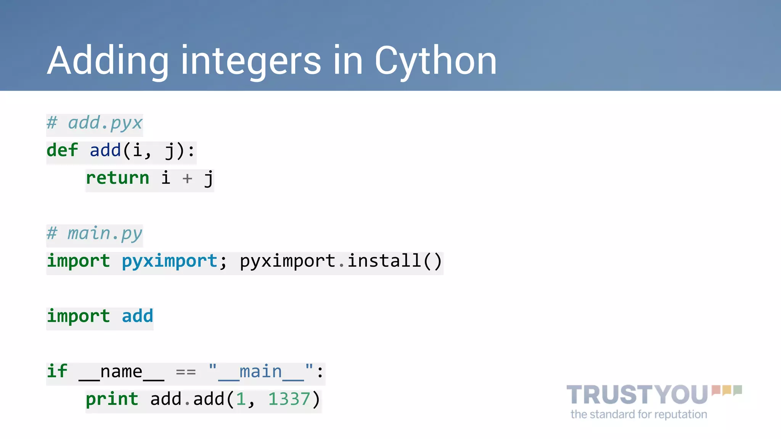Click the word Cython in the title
pos(435,61)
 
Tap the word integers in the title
pos(251,61)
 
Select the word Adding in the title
pos(108,61)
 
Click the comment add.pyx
pos(105,123)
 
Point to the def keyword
pos(62,150)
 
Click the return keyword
pos(117,178)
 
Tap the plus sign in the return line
pos(187,178)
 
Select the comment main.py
pos(104,234)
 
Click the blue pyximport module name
pos(169,261)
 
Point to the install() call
pos(394,261)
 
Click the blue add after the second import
pos(137,316)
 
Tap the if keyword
pos(57,371)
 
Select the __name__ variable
pos(121,372)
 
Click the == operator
pos(186,372)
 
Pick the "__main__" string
pos(261,372)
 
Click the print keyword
pos(112,399)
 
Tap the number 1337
pos(289,399)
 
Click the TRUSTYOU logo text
pos(637,395)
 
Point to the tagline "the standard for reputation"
pos(639,414)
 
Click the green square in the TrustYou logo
pos(738,390)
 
